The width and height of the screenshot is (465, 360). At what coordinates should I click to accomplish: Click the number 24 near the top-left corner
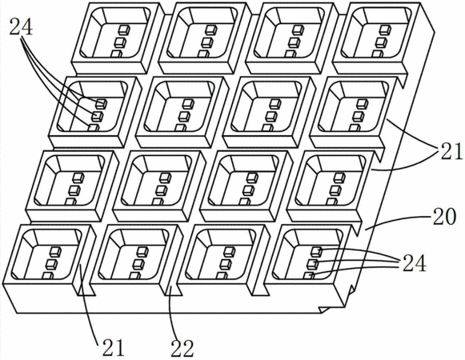click(x=22, y=26)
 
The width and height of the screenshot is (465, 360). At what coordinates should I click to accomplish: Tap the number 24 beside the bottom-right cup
click(x=415, y=262)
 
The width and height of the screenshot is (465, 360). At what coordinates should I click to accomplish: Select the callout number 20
click(x=443, y=217)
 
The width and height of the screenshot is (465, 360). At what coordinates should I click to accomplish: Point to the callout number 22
click(x=182, y=348)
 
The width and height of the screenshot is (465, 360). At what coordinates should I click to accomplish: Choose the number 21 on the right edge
click(x=450, y=151)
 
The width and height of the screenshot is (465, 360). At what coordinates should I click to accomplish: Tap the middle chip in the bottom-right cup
click(x=315, y=264)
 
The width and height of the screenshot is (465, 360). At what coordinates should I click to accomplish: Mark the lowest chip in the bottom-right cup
click(x=309, y=276)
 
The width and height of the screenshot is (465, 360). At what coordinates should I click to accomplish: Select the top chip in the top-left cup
click(x=124, y=30)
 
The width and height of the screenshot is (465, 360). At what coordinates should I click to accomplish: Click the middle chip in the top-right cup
click(x=382, y=42)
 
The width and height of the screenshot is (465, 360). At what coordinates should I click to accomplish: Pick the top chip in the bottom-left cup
click(x=55, y=252)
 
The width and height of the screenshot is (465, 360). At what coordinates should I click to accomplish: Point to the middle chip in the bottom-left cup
click(x=52, y=264)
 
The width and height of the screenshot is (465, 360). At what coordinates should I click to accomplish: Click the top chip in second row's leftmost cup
click(x=101, y=103)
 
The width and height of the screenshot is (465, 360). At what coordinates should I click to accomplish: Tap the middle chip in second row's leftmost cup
click(x=97, y=116)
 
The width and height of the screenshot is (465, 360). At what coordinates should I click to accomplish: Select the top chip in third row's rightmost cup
click(x=339, y=178)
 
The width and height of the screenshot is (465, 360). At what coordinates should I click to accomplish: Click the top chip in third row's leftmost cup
click(x=78, y=178)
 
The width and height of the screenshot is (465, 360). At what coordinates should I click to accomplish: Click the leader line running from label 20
click(x=399, y=220)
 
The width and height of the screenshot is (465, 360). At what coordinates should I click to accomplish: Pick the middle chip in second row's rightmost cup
click(x=359, y=116)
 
